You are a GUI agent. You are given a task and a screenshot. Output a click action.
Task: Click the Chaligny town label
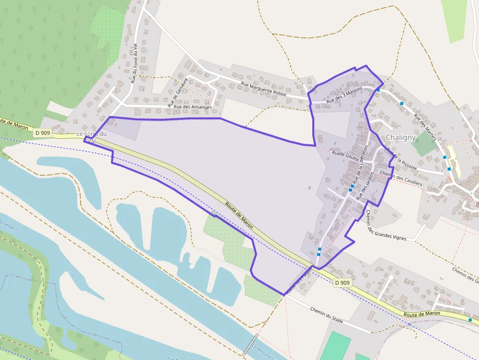[x=401, y=138]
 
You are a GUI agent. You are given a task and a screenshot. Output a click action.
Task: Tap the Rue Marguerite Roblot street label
[x=263, y=89]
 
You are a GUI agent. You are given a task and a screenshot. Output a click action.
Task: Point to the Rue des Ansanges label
[x=193, y=107]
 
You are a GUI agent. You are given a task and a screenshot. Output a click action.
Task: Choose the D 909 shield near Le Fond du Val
[x=42, y=132]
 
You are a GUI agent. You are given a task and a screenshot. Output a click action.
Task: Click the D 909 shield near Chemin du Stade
[x=343, y=283]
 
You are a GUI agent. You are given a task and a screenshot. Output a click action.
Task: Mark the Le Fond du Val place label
[x=91, y=137]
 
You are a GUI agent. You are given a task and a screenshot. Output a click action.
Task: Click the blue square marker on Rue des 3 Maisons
[x=378, y=90]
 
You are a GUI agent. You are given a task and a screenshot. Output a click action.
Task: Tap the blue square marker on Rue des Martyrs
[x=402, y=104]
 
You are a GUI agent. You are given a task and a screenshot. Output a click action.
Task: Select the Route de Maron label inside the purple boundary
[x=239, y=215]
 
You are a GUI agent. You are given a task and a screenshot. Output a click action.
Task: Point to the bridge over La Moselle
[x=251, y=345]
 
